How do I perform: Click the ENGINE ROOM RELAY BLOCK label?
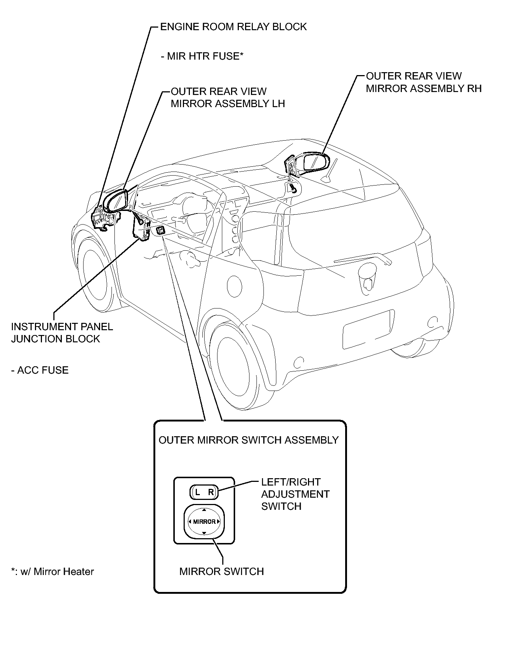(x=233, y=27)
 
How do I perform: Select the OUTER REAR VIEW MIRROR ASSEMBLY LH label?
(x=228, y=98)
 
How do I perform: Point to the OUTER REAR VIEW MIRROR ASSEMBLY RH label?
(x=424, y=82)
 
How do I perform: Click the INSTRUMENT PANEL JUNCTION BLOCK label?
(x=62, y=333)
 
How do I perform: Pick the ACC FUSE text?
(x=40, y=370)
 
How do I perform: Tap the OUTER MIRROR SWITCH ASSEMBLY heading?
(x=248, y=440)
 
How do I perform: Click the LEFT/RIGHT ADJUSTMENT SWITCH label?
(x=295, y=494)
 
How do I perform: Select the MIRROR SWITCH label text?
(x=222, y=571)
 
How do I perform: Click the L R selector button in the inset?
(x=204, y=492)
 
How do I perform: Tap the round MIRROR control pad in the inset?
(x=204, y=521)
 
